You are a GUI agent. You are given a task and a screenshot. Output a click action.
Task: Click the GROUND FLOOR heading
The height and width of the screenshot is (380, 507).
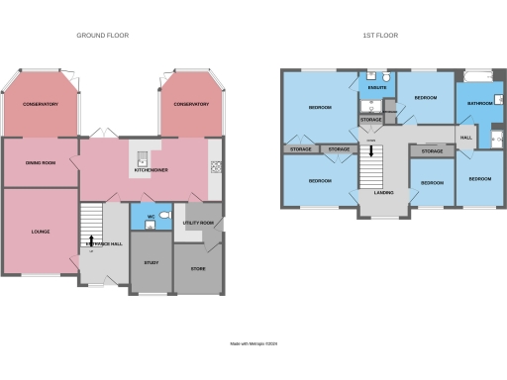pos(102,35)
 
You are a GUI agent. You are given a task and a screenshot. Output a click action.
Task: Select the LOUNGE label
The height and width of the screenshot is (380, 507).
pos(40,233)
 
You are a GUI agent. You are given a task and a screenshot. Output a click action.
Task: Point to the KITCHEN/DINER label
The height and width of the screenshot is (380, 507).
pos(151,170)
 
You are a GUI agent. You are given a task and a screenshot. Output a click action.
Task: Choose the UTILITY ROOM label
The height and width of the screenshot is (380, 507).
pos(198,224)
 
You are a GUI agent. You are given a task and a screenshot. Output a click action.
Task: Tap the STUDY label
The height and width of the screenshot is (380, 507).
pos(152,262)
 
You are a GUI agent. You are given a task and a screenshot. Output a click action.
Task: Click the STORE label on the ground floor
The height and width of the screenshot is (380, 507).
pos(198,267)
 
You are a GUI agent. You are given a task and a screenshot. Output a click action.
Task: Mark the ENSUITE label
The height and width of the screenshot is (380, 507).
pos(376,88)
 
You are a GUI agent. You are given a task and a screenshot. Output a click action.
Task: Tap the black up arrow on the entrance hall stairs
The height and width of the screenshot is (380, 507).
pos(92,239)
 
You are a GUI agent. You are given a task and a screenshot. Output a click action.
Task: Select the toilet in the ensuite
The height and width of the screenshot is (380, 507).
pos(389,77)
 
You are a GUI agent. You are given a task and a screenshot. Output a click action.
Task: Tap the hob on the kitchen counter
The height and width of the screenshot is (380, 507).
pos(216,166)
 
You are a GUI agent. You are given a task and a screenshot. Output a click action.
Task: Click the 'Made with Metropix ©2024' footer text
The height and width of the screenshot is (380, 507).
pos(253,344)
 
